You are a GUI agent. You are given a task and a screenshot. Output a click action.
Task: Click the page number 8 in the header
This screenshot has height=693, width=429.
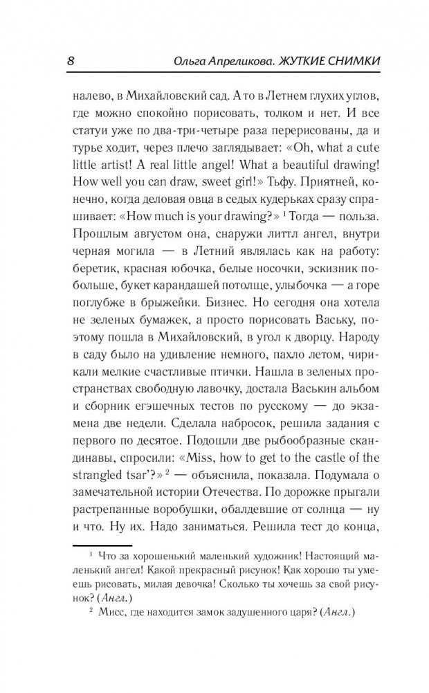[71, 61]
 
